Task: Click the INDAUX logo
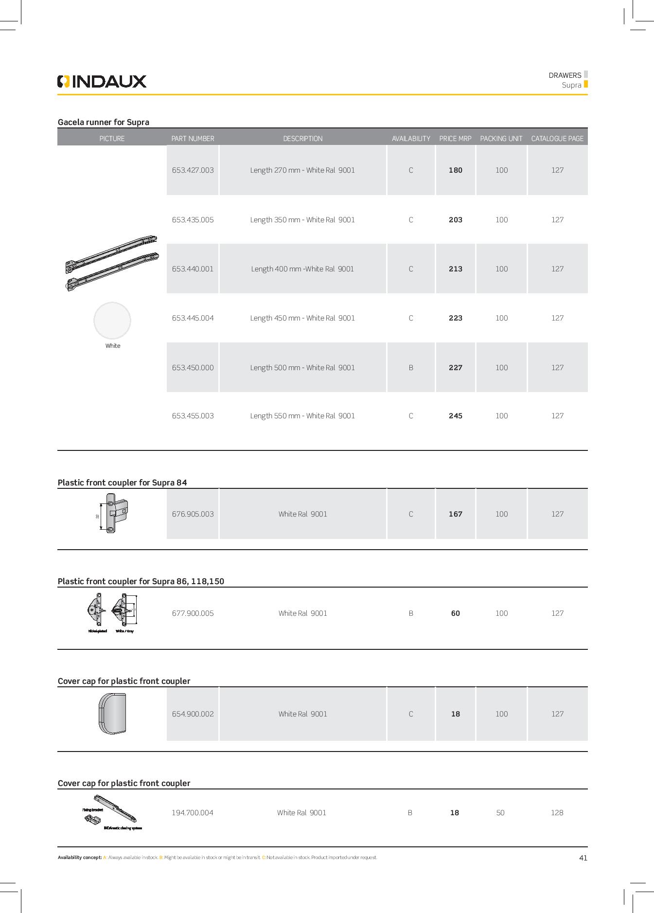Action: (x=102, y=81)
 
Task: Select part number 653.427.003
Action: (x=193, y=170)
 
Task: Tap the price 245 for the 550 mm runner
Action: (x=455, y=416)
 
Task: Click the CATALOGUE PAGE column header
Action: (x=557, y=139)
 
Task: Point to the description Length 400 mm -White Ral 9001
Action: (x=302, y=269)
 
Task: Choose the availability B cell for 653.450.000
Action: (x=411, y=368)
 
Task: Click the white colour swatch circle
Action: (x=112, y=321)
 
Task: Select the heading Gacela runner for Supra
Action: (x=103, y=122)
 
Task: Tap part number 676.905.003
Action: (x=193, y=514)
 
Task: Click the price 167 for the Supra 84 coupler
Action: (x=455, y=514)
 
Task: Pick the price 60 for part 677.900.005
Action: (x=455, y=613)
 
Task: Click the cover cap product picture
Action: (x=112, y=714)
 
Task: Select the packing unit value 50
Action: (x=500, y=813)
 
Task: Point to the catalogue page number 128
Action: (x=557, y=813)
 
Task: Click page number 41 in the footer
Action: (x=583, y=858)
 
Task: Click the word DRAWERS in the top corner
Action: (x=565, y=75)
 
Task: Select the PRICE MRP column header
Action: (x=455, y=139)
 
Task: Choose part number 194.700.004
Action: (x=192, y=813)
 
